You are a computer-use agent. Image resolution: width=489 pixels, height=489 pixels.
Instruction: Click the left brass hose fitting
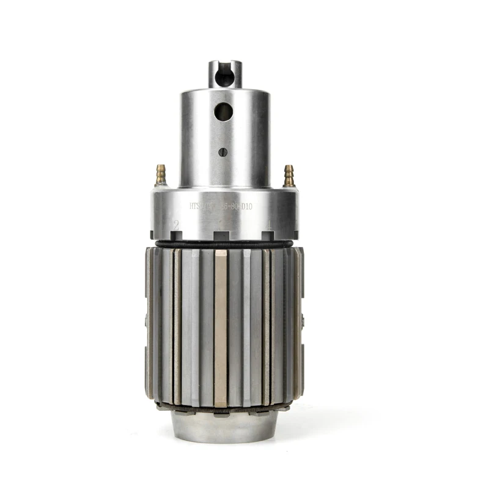161,174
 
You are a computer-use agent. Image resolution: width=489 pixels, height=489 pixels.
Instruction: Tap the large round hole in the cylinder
224,111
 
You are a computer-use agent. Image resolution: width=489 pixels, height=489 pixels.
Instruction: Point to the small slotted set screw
223,152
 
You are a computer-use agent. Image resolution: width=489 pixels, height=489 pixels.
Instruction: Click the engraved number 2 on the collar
176,224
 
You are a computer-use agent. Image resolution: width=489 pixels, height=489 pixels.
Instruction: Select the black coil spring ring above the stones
224,244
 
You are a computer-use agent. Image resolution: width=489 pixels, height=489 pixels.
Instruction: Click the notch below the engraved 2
175,235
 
